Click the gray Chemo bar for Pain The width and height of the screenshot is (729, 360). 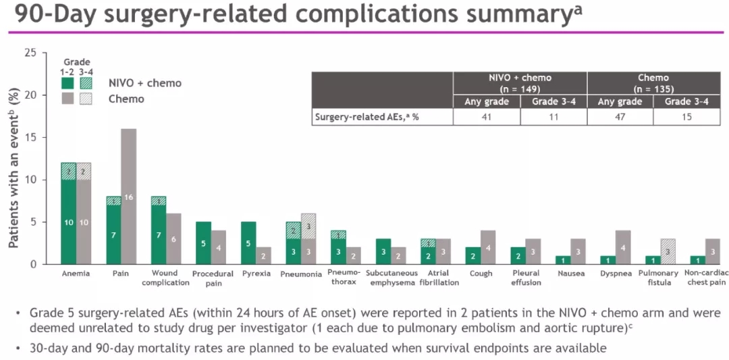128,196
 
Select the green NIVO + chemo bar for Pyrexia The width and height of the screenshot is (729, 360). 248,242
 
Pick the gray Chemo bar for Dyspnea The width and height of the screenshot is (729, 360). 622,247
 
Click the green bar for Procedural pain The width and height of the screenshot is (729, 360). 204,242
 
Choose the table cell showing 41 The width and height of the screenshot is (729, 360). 487,117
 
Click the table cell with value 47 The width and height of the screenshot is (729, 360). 620,117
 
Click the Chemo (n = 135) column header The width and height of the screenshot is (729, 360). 653,83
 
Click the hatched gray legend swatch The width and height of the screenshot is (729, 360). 86,99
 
